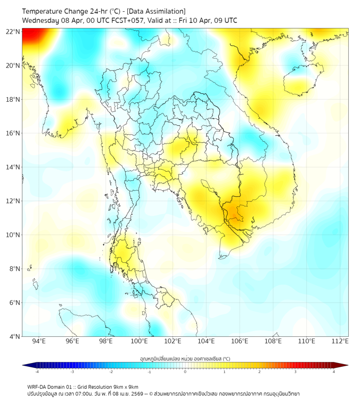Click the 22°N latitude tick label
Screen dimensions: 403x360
13,31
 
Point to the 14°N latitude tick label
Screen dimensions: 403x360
13,167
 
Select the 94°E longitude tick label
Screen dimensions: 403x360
39,342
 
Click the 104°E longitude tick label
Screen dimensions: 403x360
206,342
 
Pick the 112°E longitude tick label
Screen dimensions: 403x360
340,342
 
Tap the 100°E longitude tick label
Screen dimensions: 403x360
139,342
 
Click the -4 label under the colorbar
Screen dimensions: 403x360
37,372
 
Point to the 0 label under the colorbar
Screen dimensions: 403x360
185,372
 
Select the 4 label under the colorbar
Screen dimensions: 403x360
334,372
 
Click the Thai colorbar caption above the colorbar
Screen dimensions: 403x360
185,359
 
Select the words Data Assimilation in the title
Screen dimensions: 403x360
156,11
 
